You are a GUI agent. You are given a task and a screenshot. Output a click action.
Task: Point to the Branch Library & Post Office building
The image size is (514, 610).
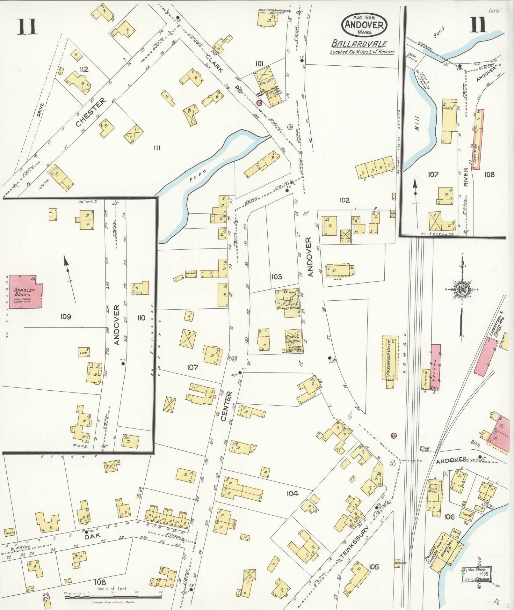click(288, 303)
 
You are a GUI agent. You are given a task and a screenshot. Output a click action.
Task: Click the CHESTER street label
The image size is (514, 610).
click(91, 112)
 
